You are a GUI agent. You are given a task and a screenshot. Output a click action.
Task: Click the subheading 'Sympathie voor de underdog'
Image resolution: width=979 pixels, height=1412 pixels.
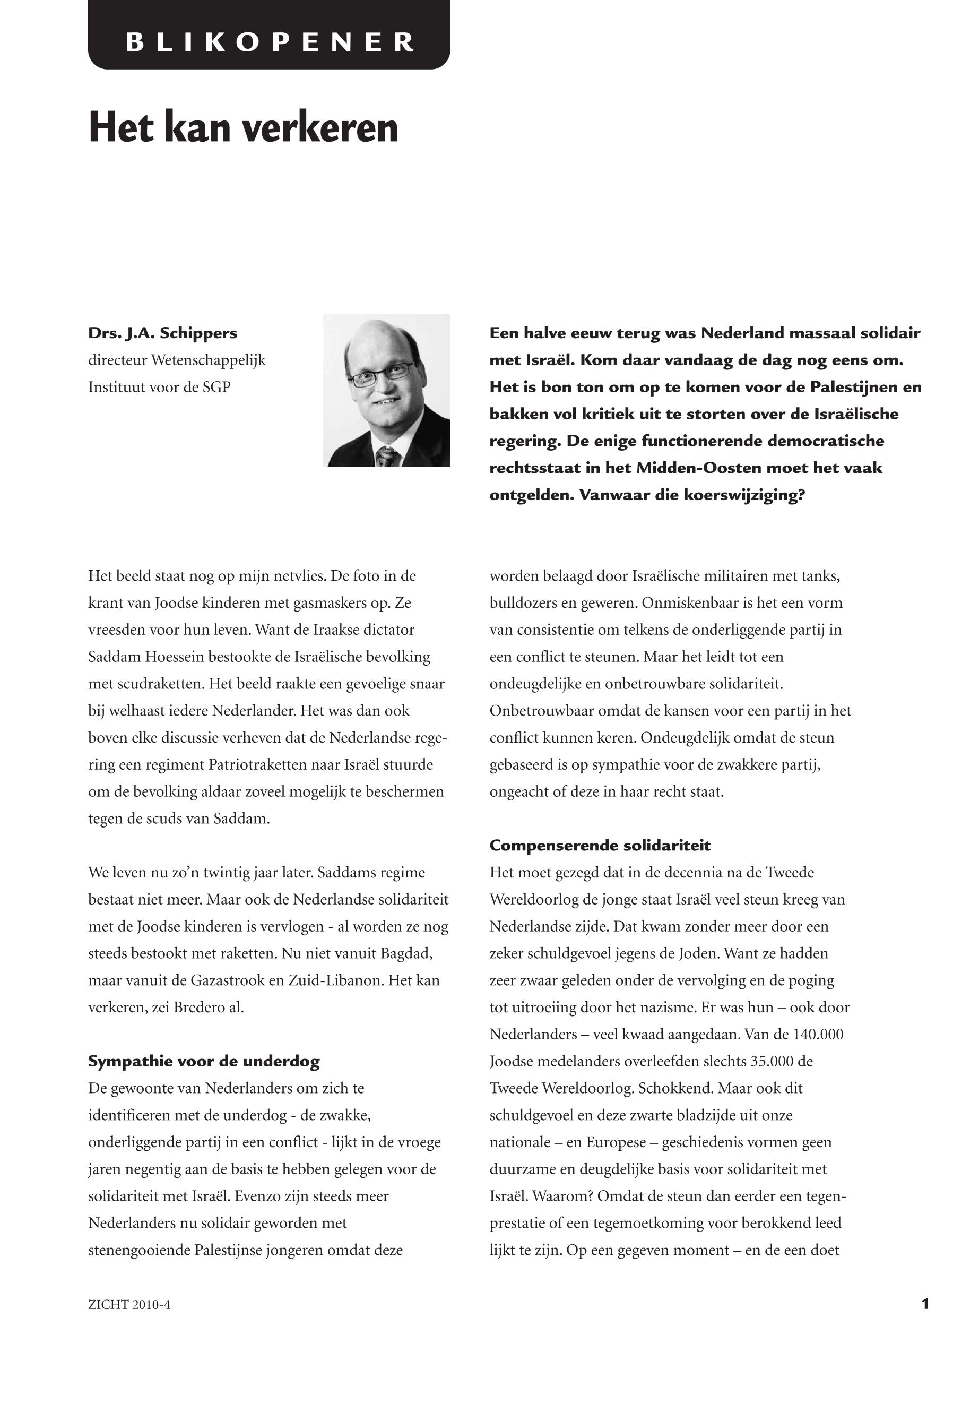point(204,1062)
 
